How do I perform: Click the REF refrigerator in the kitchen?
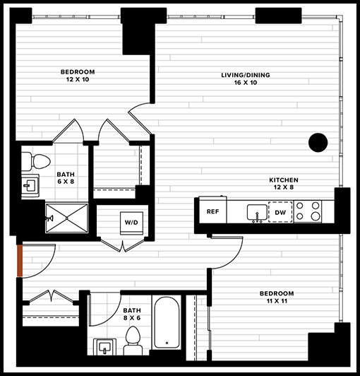212,211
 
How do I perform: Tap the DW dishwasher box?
280,212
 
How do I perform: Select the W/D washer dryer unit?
131,223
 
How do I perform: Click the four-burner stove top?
308,211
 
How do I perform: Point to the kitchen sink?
257,213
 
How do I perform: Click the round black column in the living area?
318,143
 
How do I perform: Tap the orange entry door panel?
20,261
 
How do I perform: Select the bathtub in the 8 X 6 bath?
167,323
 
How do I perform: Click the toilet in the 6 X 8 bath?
36,161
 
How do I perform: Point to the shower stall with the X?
67,218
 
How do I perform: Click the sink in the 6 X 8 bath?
30,186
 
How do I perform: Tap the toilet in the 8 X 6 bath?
133,341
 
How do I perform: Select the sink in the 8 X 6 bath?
104,347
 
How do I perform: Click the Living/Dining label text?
246,75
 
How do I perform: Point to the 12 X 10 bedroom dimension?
78,79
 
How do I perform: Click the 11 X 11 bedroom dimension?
277,300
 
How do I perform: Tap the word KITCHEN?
284,180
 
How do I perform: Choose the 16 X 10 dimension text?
246,83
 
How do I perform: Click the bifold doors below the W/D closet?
123,245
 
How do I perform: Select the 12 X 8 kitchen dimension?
284,187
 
